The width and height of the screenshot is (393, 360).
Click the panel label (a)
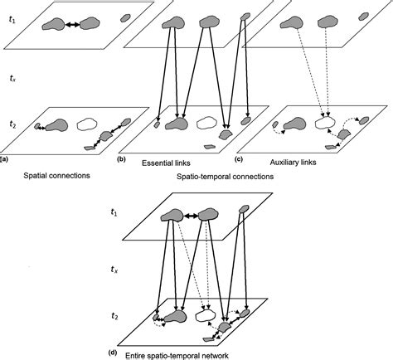point(4,158)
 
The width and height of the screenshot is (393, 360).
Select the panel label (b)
point(122,158)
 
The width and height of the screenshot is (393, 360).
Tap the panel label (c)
point(239,158)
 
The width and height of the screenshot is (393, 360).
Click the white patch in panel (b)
point(205,125)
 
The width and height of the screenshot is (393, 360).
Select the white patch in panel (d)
point(205,315)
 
